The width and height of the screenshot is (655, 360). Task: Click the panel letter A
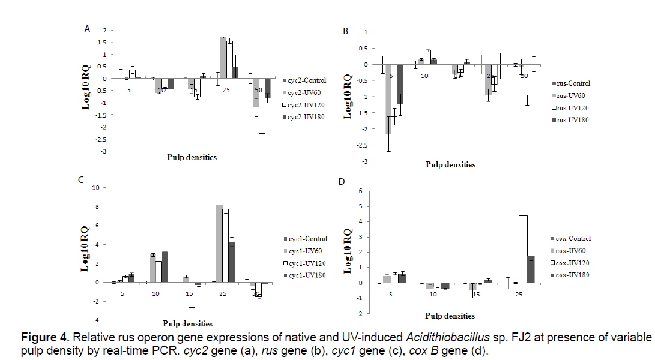click(x=88, y=28)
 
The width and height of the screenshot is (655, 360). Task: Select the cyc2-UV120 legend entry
click(x=306, y=104)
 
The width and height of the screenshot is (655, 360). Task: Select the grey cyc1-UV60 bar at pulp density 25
click(x=220, y=244)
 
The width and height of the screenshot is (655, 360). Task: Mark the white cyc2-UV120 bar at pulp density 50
click(x=262, y=106)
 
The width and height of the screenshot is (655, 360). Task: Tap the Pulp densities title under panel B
click(x=450, y=165)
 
